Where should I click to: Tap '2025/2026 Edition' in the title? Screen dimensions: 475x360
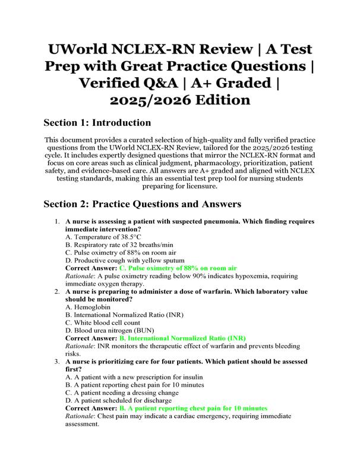point(180,99)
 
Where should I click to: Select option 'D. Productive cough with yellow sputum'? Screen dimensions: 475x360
point(125,260)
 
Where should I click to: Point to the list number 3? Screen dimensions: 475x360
point(56,362)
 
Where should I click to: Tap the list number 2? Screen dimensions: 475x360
point(56,292)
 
